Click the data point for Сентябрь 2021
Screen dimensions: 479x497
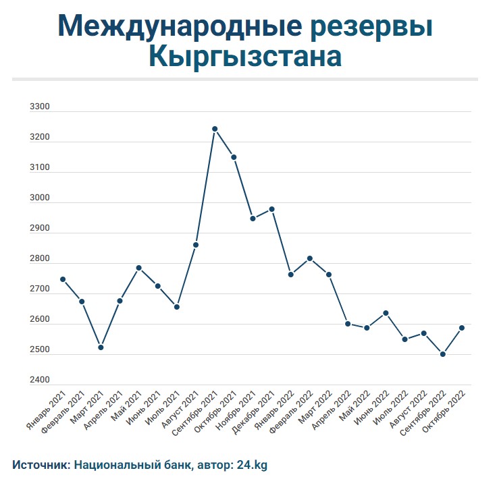click(x=215, y=129)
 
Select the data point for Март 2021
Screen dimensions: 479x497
click(x=101, y=347)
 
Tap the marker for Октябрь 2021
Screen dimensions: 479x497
click(x=234, y=157)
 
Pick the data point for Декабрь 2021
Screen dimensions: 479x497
click(x=272, y=209)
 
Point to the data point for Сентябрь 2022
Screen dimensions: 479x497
click(x=443, y=354)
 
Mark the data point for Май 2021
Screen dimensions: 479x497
click(x=138, y=268)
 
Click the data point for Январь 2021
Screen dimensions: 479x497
click(x=63, y=279)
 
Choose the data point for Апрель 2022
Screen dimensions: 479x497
click(x=348, y=324)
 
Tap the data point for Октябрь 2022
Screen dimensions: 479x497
click(x=462, y=328)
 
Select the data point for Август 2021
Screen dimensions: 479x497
click(x=196, y=245)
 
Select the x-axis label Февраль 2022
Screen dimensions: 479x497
click(x=294, y=412)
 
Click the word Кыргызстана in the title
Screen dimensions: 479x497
click(x=244, y=57)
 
